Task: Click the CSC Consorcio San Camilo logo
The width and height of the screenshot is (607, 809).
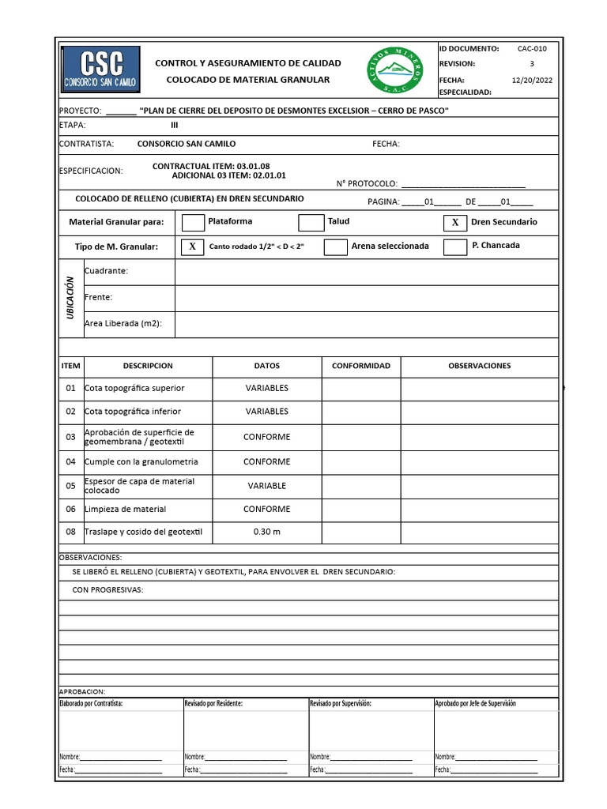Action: (x=100, y=70)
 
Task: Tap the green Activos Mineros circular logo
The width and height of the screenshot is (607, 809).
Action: (x=395, y=70)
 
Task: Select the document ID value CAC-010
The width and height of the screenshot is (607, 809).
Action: (x=532, y=48)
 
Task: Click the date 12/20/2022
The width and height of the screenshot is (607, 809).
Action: (x=532, y=80)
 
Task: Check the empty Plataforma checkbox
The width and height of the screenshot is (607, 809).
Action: (x=193, y=223)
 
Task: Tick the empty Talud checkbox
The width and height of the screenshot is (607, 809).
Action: (x=311, y=223)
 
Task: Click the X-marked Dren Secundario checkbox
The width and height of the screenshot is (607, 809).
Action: (x=454, y=223)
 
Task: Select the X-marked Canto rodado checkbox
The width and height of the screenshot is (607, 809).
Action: (x=192, y=246)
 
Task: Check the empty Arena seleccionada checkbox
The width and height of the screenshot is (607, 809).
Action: (x=336, y=246)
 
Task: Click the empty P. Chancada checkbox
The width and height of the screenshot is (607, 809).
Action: (x=454, y=246)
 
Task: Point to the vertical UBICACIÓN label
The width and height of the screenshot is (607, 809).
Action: (x=70, y=298)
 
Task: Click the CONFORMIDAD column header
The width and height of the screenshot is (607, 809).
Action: (x=360, y=366)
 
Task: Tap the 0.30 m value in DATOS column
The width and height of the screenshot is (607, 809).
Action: (x=267, y=532)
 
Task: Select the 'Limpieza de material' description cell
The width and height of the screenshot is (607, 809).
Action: (x=126, y=510)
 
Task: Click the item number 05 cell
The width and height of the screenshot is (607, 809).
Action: (x=71, y=486)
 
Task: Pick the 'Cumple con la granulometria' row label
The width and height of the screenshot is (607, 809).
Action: (x=141, y=461)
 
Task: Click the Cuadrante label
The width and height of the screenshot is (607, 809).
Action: (x=106, y=271)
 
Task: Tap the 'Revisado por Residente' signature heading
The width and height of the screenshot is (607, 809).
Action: (x=213, y=703)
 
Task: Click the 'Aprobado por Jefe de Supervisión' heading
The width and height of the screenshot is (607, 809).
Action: (x=475, y=703)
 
